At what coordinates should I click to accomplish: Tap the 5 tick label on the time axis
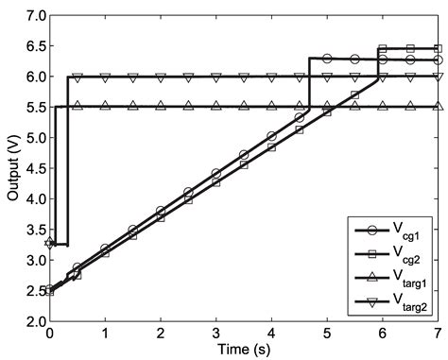pyautogui.click(x=327, y=334)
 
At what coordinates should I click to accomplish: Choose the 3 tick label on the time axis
pyautogui.click(x=216, y=334)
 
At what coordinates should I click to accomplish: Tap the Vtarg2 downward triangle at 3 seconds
pyautogui.click(x=216, y=77)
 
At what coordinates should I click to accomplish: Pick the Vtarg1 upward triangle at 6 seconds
pyautogui.click(x=383, y=107)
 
